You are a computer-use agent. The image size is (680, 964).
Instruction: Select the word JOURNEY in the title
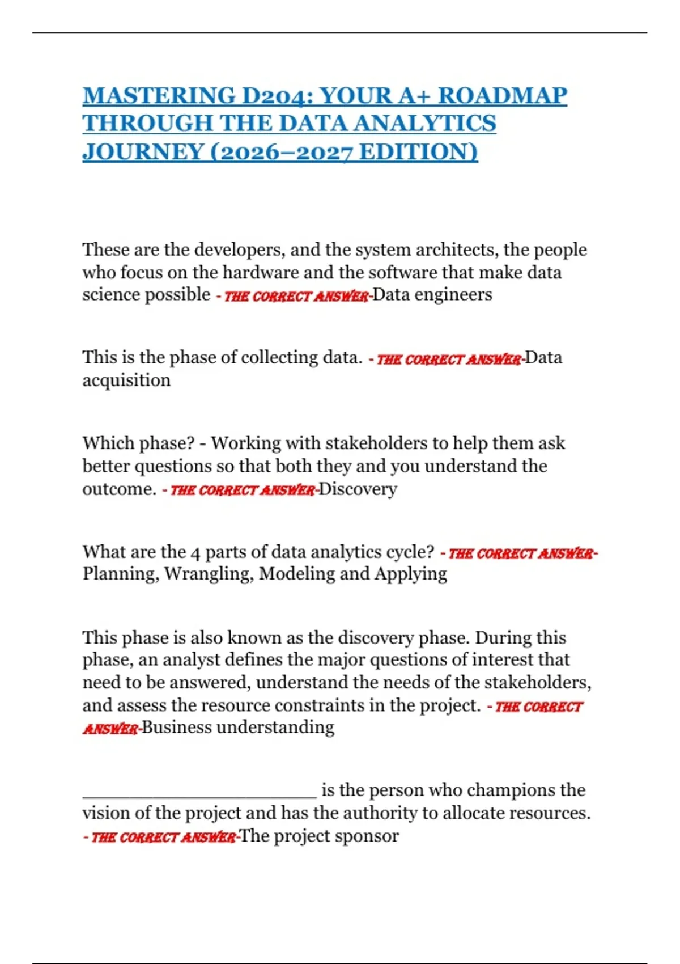click(x=143, y=152)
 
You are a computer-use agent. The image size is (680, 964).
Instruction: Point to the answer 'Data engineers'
click(x=432, y=294)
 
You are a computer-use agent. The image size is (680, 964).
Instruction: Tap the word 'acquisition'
click(x=126, y=380)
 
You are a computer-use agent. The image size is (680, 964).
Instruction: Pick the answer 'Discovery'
click(x=358, y=489)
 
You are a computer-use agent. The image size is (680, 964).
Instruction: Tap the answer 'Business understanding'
click(x=237, y=727)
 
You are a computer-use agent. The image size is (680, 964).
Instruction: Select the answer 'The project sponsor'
click(x=319, y=836)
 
